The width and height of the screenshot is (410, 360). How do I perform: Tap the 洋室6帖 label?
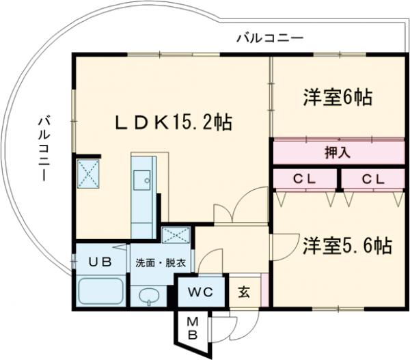click(338, 98)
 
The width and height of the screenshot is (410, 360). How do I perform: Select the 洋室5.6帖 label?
click(347, 246)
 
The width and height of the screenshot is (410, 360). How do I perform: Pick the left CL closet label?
click(305, 179)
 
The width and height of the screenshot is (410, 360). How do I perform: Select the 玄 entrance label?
click(244, 292)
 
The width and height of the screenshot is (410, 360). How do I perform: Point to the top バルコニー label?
click(269, 38)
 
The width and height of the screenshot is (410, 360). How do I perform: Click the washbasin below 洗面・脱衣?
click(150, 295)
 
